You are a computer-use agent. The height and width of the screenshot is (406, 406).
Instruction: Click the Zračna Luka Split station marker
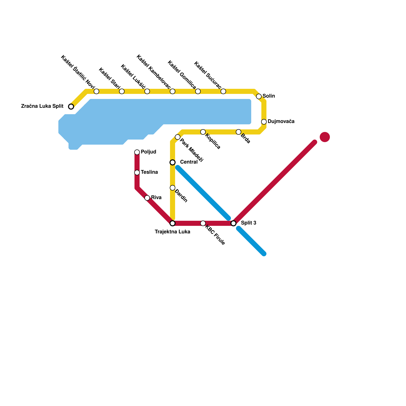(x=71, y=107)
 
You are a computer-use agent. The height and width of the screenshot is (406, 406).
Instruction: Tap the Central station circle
(x=173, y=162)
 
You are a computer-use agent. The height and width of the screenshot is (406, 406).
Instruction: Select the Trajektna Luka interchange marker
(x=173, y=223)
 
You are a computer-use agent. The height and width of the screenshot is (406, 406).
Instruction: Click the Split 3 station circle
(x=233, y=223)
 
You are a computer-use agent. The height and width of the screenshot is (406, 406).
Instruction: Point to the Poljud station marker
(x=137, y=152)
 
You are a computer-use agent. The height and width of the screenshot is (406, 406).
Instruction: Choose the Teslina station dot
(x=137, y=173)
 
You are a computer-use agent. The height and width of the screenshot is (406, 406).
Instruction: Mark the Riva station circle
(x=147, y=198)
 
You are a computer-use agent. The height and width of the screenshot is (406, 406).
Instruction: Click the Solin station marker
(x=259, y=96)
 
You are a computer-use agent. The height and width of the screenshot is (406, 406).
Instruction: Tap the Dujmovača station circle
(x=264, y=122)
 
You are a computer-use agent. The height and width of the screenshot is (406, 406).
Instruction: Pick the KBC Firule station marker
(x=203, y=223)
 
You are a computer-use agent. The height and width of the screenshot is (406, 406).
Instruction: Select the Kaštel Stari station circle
(x=122, y=91)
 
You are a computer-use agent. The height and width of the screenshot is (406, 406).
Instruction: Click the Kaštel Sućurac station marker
(x=223, y=91)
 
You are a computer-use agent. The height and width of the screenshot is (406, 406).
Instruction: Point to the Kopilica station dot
(x=203, y=132)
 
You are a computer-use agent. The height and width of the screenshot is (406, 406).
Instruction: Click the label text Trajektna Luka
(x=173, y=232)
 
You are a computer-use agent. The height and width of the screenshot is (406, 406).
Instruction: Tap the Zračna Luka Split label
(x=42, y=106)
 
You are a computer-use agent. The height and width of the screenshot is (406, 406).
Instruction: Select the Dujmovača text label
(x=281, y=122)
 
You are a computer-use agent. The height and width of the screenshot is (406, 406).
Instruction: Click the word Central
(x=189, y=162)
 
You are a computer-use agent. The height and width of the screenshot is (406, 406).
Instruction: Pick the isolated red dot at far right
(x=325, y=137)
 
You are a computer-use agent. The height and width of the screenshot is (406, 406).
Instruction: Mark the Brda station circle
(x=239, y=132)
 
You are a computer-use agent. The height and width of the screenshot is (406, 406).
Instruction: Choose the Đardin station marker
(x=173, y=188)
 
